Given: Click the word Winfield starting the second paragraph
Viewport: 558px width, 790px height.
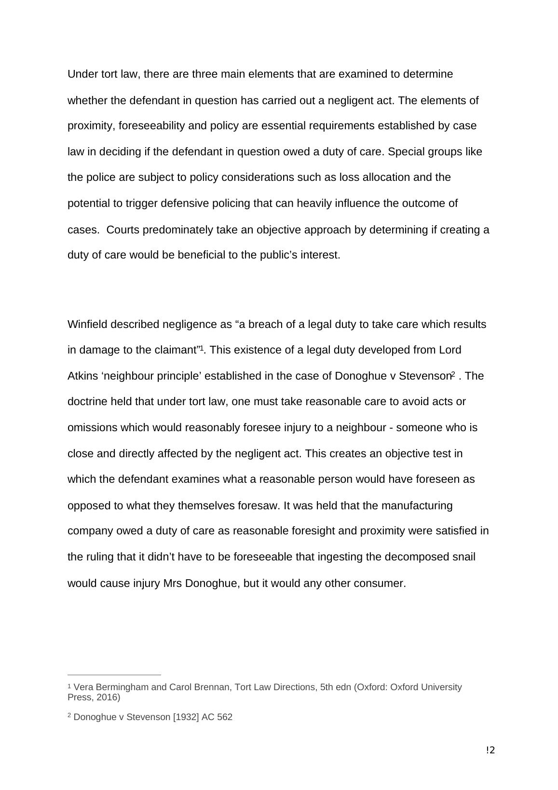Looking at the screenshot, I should point(87,324).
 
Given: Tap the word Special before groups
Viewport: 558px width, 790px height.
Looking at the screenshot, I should point(406,152).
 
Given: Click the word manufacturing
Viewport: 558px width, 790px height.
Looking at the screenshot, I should point(417,505).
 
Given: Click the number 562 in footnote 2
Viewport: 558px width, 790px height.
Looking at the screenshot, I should point(225,717).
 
